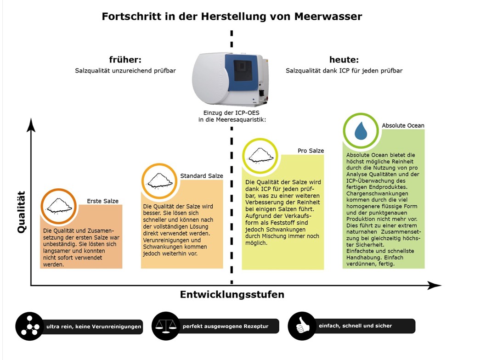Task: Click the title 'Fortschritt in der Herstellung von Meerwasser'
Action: pos(232,17)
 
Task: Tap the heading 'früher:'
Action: pos(125,60)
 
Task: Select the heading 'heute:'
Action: pos(344,60)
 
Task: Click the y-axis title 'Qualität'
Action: pos(21,212)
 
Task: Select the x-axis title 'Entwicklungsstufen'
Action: pos(232,294)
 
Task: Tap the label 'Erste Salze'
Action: pos(102,201)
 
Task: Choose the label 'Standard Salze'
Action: pos(201,176)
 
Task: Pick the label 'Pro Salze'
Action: pos(311,151)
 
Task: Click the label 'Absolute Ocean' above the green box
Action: pos(403,125)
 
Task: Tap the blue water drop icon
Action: pos(361,131)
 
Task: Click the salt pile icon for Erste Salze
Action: pos(58,206)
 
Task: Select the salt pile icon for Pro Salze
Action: pos(260,156)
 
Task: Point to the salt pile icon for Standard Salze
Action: pos(159,180)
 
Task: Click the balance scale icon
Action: pos(166,326)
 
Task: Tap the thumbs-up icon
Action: pos(302,326)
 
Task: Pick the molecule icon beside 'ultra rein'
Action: pos(29,326)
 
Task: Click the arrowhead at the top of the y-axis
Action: pos(31,124)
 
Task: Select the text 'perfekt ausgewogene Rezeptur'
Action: pos(225,326)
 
